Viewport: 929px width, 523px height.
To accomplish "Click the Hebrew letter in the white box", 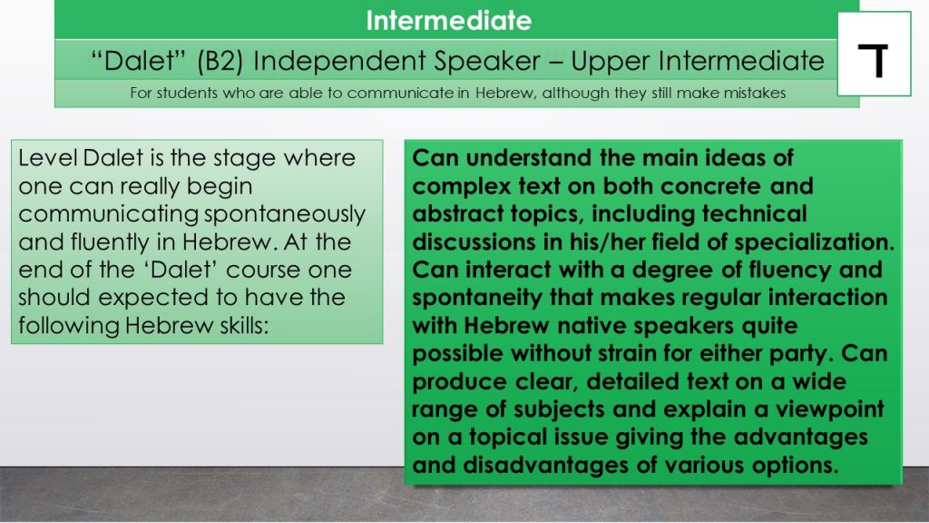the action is tap(874, 61).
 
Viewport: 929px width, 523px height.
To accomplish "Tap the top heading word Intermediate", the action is tap(448, 20).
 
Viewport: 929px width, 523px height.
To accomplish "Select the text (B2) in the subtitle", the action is tap(220, 61).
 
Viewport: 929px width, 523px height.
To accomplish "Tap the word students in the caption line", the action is tap(187, 94).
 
